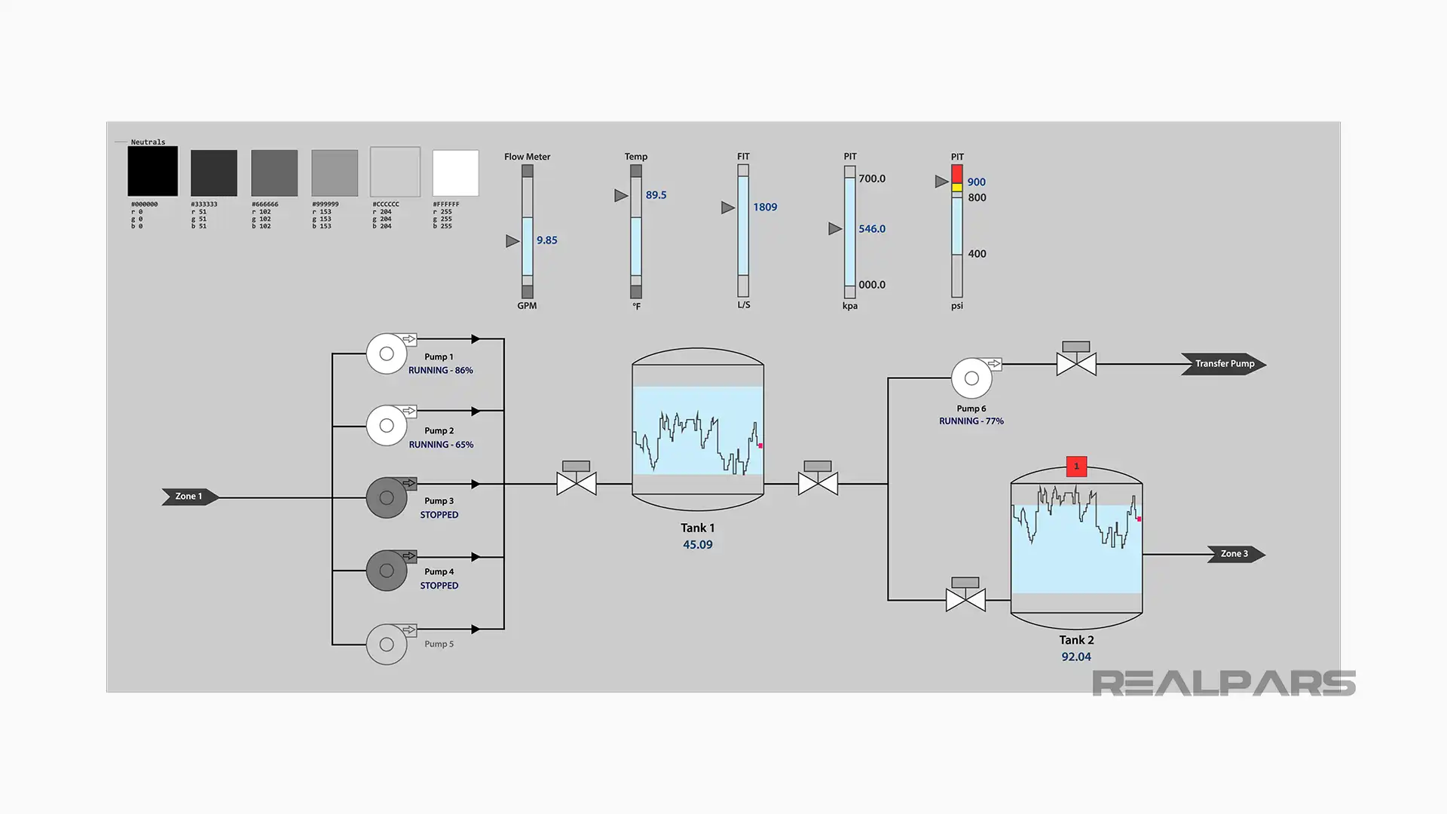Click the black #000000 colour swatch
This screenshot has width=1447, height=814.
click(152, 172)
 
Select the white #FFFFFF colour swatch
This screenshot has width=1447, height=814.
click(455, 173)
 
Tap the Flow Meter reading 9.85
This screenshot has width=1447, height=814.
click(546, 240)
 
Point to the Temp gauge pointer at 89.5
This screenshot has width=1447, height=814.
click(621, 195)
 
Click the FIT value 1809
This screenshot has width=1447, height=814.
click(764, 207)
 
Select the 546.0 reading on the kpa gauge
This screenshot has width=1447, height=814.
click(871, 229)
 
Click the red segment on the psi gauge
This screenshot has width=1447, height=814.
click(956, 174)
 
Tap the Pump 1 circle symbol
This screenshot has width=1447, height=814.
click(387, 353)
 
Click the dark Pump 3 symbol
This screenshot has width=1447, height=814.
click(387, 497)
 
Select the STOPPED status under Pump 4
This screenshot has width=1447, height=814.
click(439, 586)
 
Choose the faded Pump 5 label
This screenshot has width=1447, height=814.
click(439, 644)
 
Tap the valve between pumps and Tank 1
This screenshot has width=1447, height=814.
click(577, 483)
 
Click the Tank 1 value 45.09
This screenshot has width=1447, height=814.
click(697, 545)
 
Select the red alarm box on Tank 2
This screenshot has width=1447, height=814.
click(1076, 467)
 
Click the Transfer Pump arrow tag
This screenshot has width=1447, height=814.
click(1223, 364)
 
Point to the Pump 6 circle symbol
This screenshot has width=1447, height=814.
click(971, 378)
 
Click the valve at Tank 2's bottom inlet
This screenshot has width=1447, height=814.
click(965, 600)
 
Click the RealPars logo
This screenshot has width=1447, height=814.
click(1223, 684)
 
